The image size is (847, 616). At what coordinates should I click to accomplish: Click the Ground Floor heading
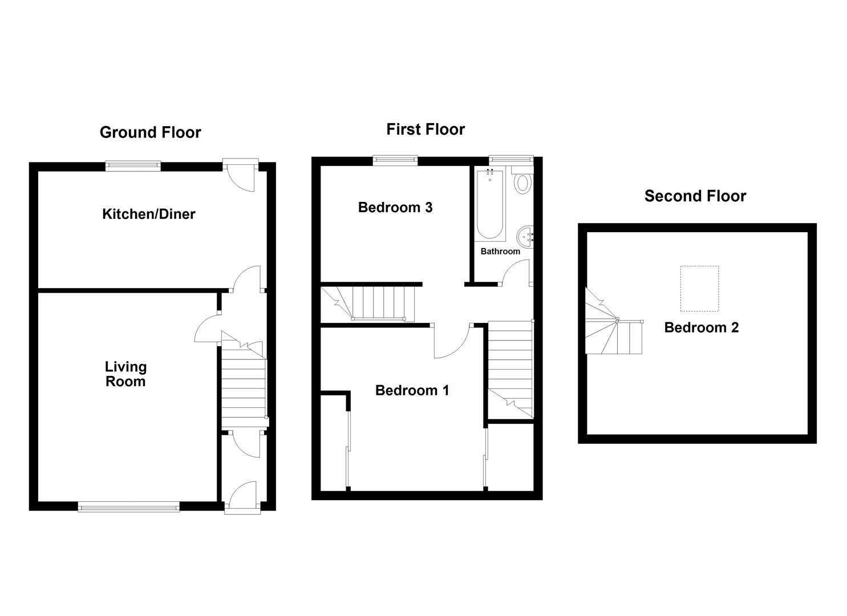(150, 132)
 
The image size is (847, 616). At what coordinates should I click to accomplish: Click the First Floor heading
(425, 129)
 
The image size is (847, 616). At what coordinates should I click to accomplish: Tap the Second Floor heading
(695, 196)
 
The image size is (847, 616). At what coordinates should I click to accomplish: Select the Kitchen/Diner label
(148, 214)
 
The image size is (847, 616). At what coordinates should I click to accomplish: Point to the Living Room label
(125, 374)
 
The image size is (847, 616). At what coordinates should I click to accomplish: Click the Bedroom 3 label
(395, 207)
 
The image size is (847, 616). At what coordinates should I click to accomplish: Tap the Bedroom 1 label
(412, 390)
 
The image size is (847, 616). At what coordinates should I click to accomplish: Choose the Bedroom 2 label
(701, 327)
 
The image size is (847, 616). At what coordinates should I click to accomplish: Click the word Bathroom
(500, 251)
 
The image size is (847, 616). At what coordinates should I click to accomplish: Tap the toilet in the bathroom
(522, 182)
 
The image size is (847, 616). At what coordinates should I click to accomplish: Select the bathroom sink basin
(525, 236)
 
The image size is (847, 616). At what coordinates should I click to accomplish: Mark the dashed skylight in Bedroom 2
(699, 289)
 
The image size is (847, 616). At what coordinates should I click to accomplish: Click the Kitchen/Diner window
(133, 165)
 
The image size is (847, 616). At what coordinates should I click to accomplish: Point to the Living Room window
(128, 505)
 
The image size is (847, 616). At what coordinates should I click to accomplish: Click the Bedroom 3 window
(395, 160)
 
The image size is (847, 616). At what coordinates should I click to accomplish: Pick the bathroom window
(510, 160)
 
